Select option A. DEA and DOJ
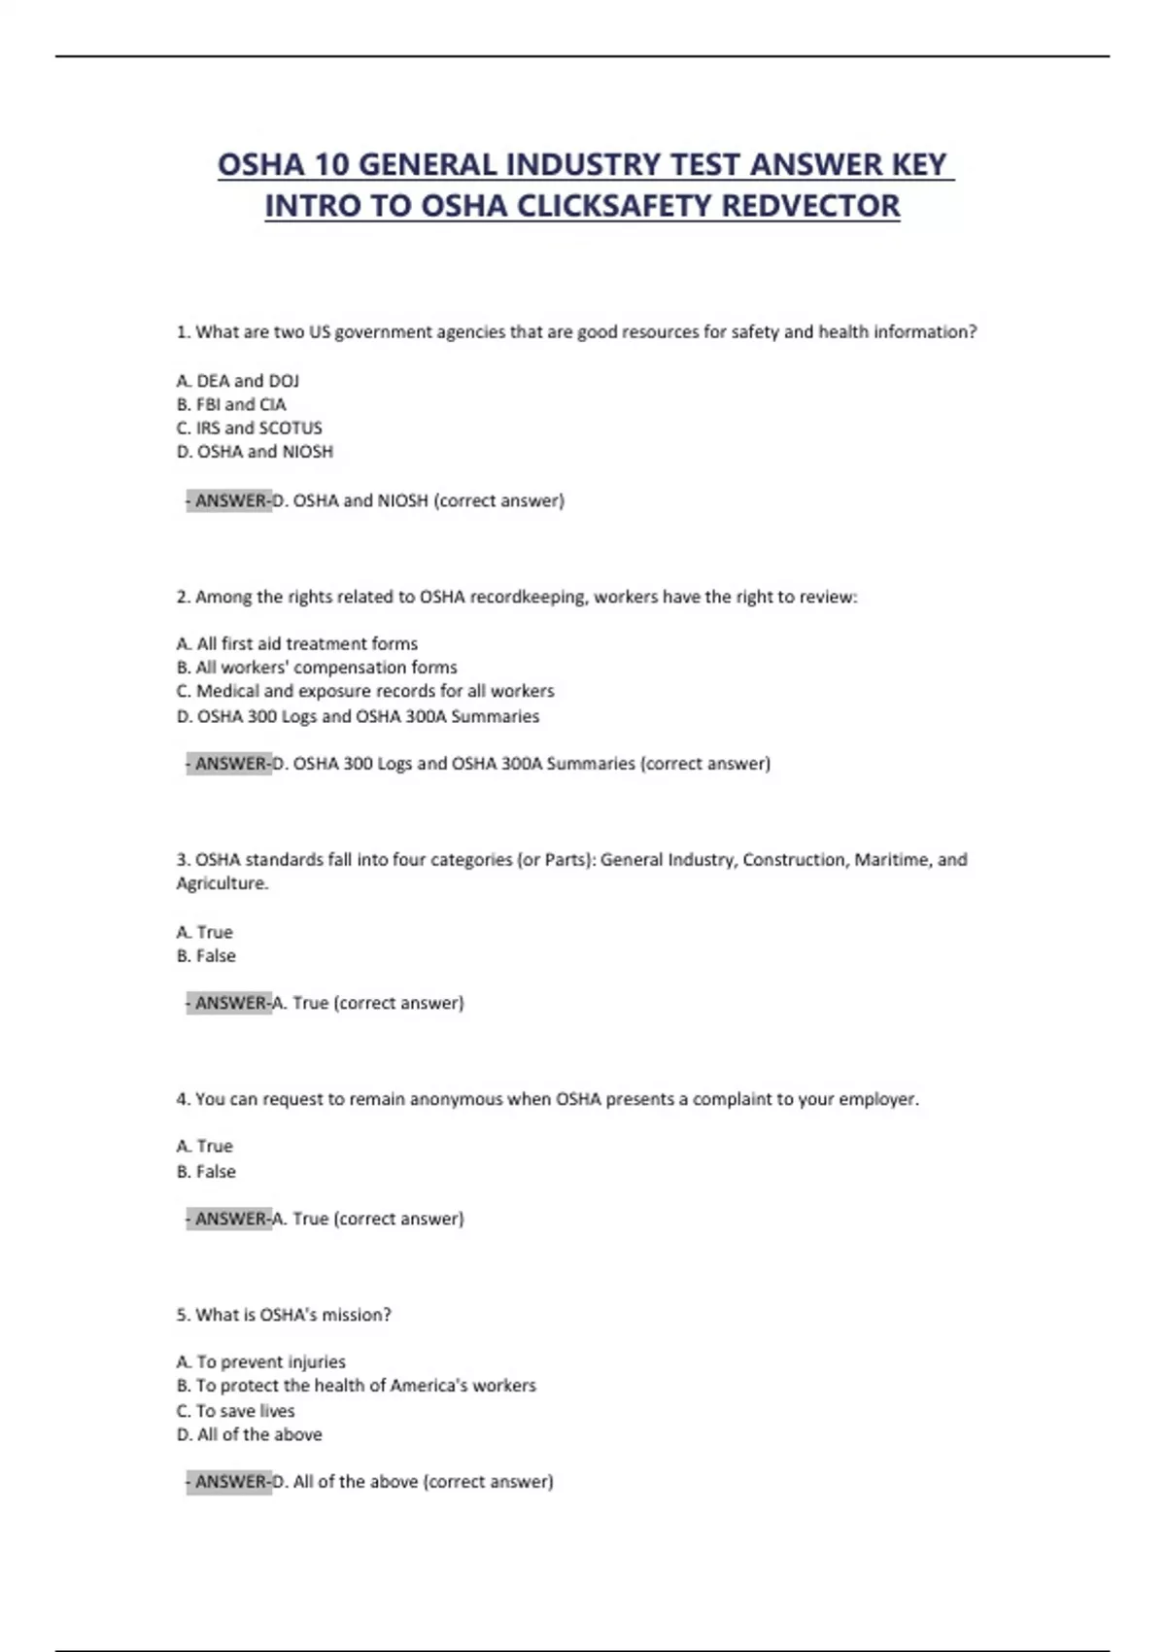click(x=238, y=381)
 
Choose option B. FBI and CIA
click(x=231, y=404)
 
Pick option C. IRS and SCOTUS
click(x=249, y=428)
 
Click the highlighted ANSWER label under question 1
click(x=231, y=500)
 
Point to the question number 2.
click(x=183, y=597)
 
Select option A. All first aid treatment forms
click(x=297, y=643)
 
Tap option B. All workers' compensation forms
click(x=317, y=668)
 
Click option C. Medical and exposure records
click(x=365, y=691)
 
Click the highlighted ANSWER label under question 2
click(x=231, y=764)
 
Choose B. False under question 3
click(x=206, y=956)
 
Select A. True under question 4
click(x=205, y=1147)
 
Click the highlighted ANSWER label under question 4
click(x=231, y=1219)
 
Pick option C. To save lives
click(x=235, y=1411)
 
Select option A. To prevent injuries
click(x=260, y=1362)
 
